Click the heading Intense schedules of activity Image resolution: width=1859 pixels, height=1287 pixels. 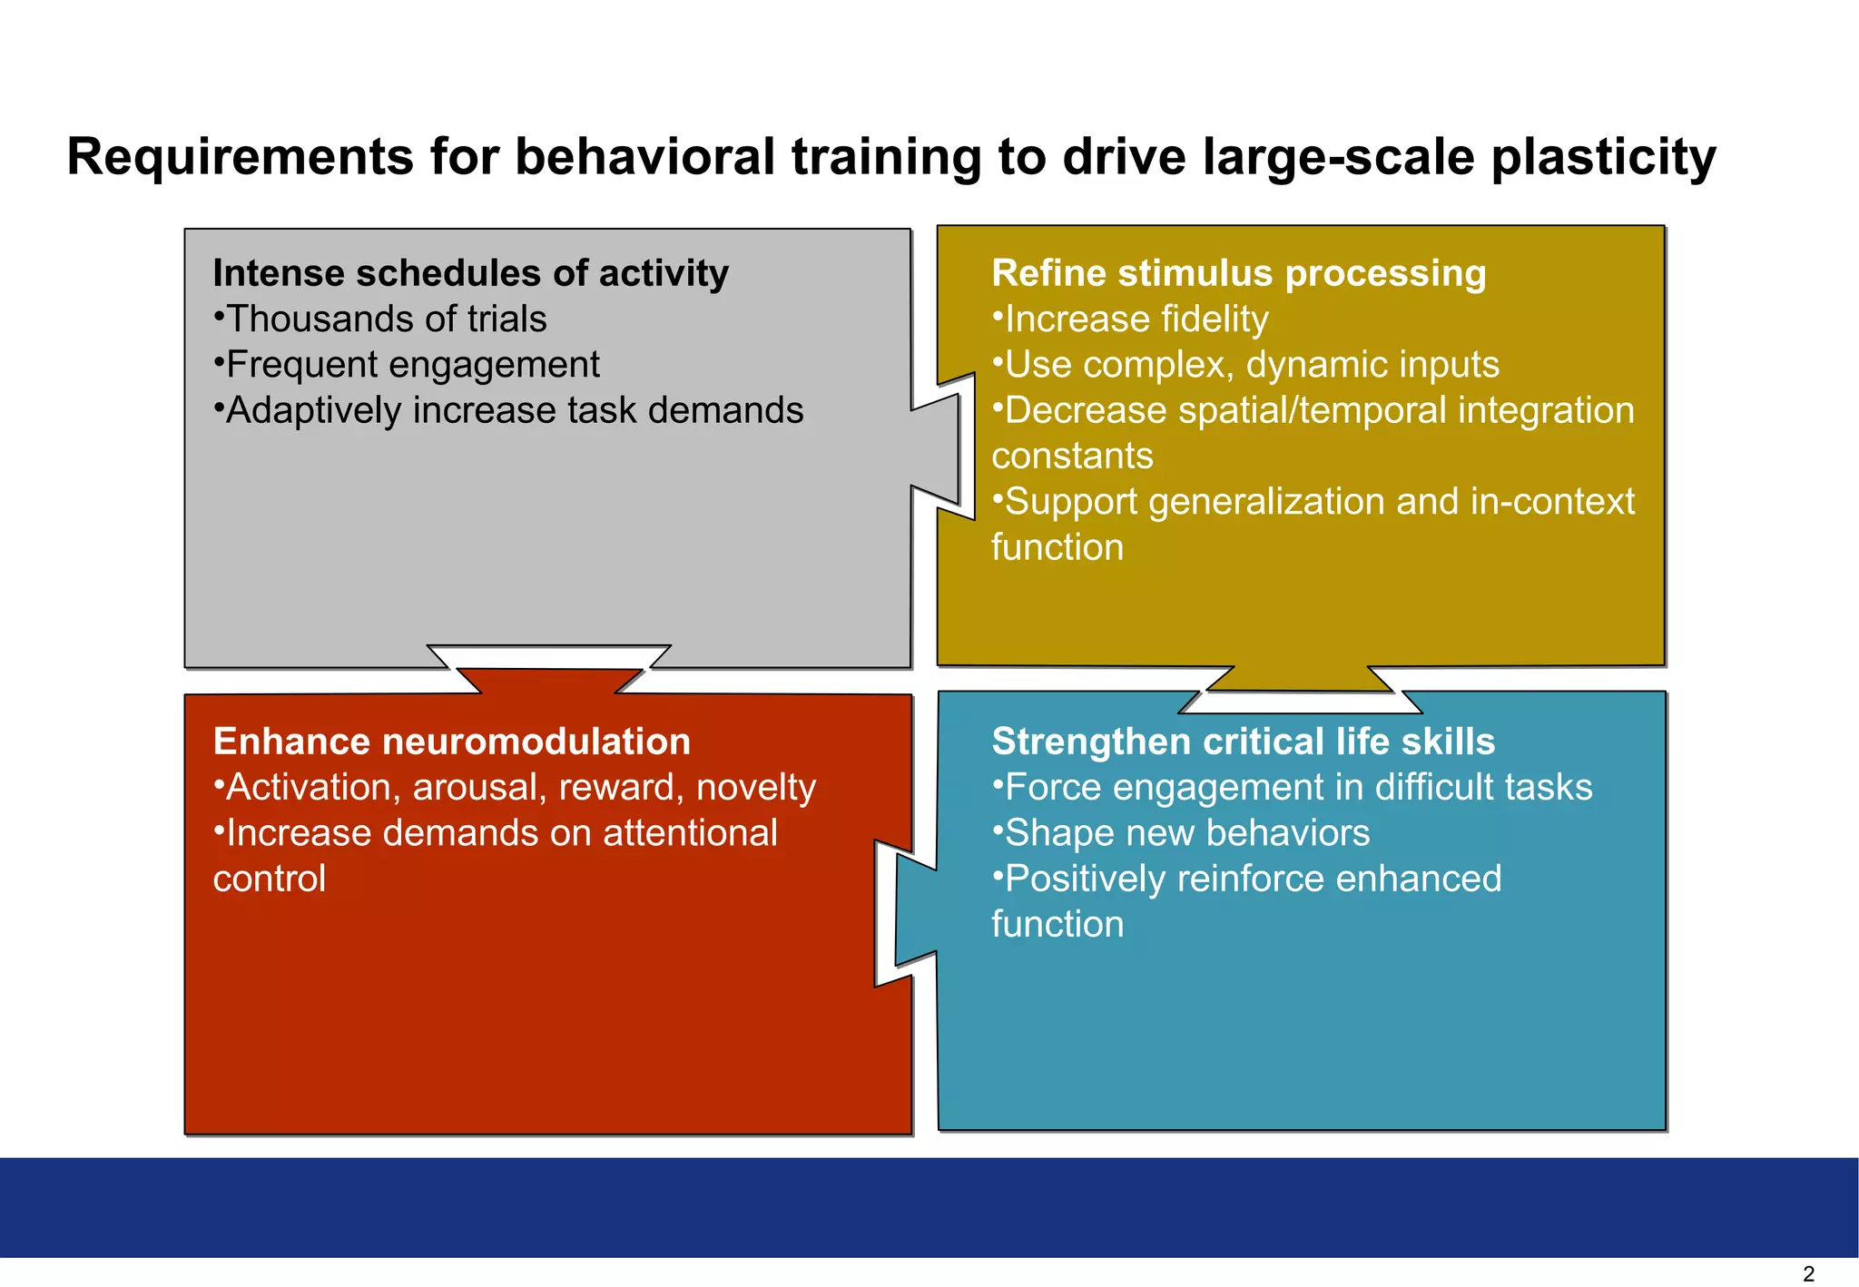(470, 273)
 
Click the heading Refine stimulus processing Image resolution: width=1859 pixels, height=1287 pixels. (1238, 273)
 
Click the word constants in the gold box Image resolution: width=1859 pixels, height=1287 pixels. (1072, 456)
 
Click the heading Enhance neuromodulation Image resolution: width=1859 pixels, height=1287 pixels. (451, 742)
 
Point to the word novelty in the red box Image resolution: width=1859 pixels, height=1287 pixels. (756, 787)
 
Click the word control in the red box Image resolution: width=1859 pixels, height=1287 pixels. (270, 879)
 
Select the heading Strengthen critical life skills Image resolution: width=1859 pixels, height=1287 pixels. (1243, 742)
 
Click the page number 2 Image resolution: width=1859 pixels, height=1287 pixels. (1808, 1273)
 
